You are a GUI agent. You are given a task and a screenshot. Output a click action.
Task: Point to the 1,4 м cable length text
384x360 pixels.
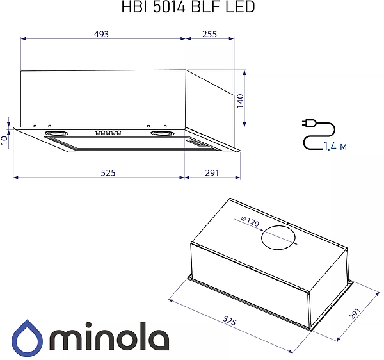pos(335,147)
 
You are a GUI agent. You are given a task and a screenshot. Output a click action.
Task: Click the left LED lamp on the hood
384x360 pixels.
pos(56,133)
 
